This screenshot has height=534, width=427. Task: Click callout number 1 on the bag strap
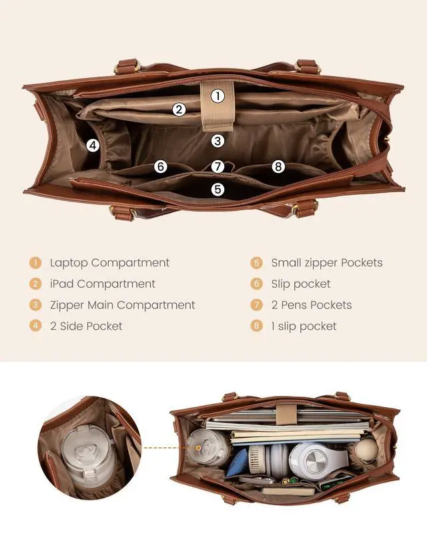[218, 96]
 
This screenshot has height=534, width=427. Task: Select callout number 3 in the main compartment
[218, 141]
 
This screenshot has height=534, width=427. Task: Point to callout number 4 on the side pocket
[93, 145]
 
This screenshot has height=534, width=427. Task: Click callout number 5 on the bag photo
[218, 190]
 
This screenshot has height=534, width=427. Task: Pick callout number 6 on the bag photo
[161, 167]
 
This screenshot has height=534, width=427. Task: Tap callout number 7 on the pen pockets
[218, 167]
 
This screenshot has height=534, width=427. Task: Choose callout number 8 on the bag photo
[278, 167]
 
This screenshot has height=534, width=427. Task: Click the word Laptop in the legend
[69, 262]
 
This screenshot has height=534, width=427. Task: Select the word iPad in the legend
[61, 284]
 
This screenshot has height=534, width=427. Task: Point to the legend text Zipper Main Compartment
[122, 305]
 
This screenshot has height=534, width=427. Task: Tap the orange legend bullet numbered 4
[35, 326]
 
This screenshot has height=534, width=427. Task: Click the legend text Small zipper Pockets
[326, 262]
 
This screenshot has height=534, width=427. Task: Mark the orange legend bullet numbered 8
[256, 326]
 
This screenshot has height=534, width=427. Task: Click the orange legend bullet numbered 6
[256, 284]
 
